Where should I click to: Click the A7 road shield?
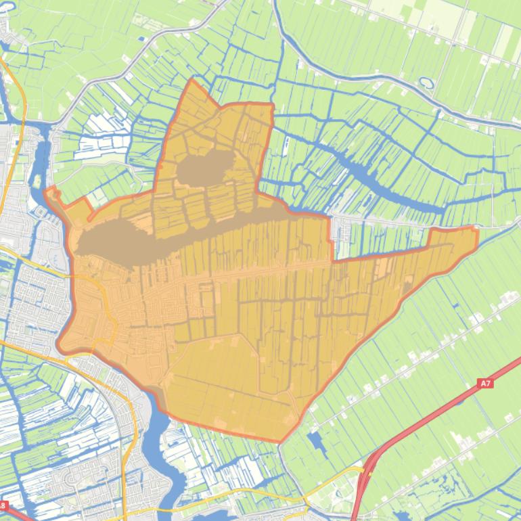[485, 384]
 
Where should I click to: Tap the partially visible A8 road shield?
[3, 505]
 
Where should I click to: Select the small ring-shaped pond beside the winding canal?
[426, 83]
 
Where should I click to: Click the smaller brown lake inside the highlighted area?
[206, 166]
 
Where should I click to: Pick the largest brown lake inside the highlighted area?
[129, 237]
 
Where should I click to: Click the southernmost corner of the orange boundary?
[280, 441]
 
